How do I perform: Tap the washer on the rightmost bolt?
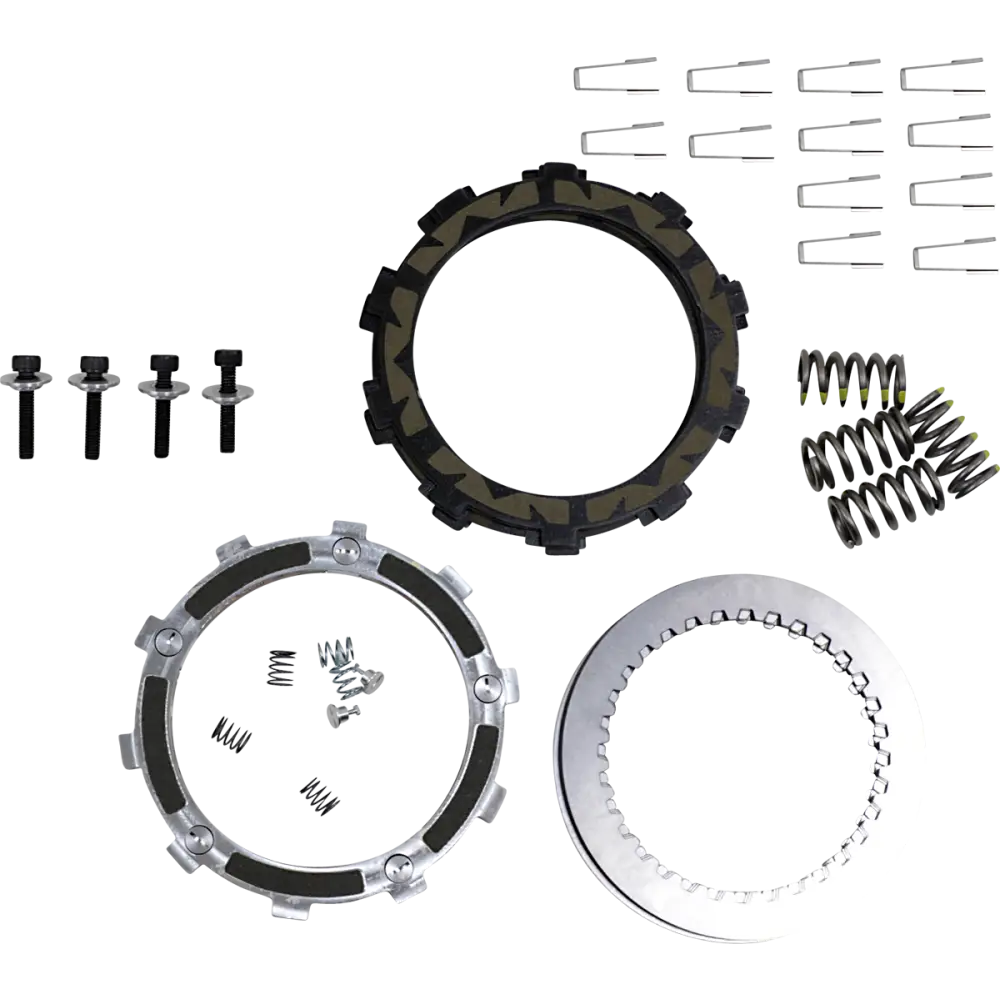click(x=224, y=389)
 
